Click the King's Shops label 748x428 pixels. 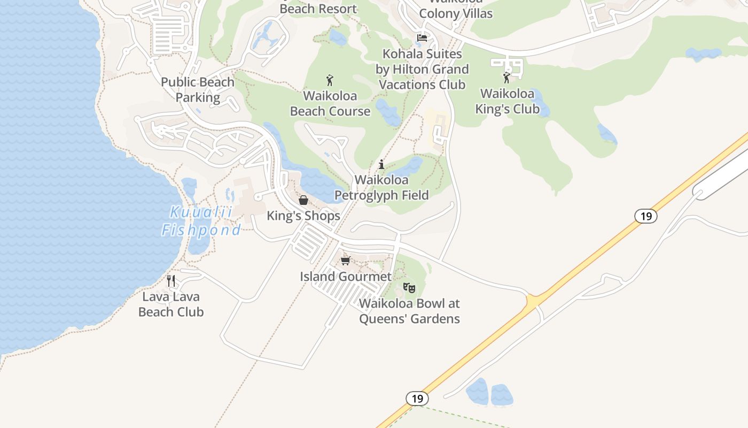pos(303,216)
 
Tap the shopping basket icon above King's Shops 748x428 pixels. pos(303,201)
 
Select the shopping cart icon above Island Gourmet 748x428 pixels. pos(345,261)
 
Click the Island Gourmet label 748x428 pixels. pos(346,277)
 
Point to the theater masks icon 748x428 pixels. pos(409,288)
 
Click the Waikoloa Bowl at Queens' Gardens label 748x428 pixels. pos(409,311)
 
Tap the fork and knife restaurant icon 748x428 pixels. pos(171,280)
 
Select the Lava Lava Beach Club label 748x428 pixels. pos(171,304)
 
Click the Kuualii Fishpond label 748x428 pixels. pos(201,221)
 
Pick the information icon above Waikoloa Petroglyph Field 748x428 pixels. pos(381,164)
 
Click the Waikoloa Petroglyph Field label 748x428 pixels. pos(381,188)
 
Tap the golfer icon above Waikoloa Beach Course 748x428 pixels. pos(330,81)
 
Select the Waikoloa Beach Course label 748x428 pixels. pos(330,104)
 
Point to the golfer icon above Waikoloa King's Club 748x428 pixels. pos(507,78)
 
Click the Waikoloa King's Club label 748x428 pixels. pos(507,102)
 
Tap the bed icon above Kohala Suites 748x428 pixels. pos(422,38)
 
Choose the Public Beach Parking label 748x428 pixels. pos(198,90)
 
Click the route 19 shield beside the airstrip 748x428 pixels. pos(646,216)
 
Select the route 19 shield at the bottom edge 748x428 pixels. pos(417,399)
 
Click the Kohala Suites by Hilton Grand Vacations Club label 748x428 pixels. pos(422,70)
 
